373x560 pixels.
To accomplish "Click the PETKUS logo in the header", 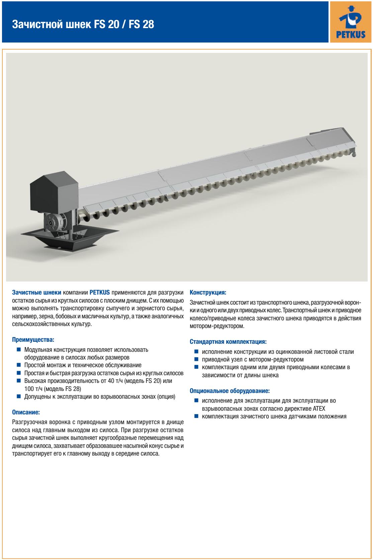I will pyautogui.click(x=350, y=21).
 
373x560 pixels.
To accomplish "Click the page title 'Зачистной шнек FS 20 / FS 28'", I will pyautogui.click(x=83, y=24).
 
